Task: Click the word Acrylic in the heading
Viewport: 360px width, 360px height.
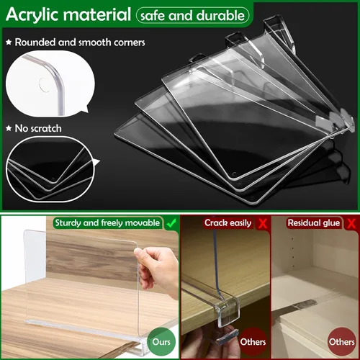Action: coord(35,14)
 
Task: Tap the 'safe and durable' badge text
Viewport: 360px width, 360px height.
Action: coord(192,16)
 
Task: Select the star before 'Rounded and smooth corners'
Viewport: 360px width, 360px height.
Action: coord(9,42)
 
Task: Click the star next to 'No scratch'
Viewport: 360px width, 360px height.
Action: coord(9,128)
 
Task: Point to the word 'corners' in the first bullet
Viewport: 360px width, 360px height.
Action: coord(130,42)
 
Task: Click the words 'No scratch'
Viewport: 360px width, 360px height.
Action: coord(38,128)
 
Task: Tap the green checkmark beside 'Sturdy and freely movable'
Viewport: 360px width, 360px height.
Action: coord(171,222)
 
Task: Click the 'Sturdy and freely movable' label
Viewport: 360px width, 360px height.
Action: coord(107,223)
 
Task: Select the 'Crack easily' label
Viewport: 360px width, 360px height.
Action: coord(228,223)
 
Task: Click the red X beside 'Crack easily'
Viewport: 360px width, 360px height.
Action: coord(263,223)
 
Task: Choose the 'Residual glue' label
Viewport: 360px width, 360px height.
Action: coord(314,223)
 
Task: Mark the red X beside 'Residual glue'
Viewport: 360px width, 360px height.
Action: coord(351,223)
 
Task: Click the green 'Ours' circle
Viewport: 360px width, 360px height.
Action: coord(161,341)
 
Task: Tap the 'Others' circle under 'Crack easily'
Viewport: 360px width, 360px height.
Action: coord(253,341)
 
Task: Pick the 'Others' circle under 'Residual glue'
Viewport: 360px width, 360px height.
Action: coord(342,341)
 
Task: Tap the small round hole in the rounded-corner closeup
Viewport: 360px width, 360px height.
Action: coord(44,85)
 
